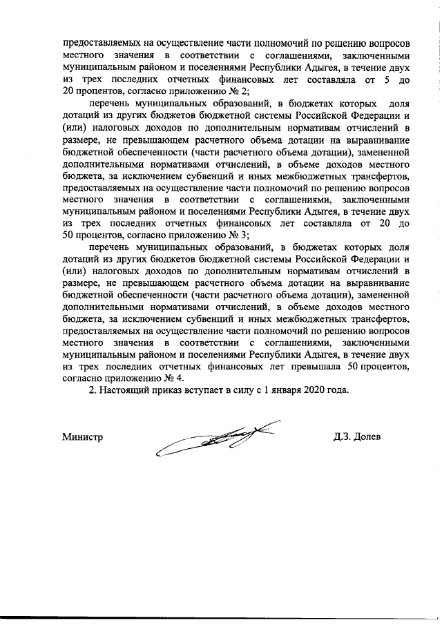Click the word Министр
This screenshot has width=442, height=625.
coord(82,436)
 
